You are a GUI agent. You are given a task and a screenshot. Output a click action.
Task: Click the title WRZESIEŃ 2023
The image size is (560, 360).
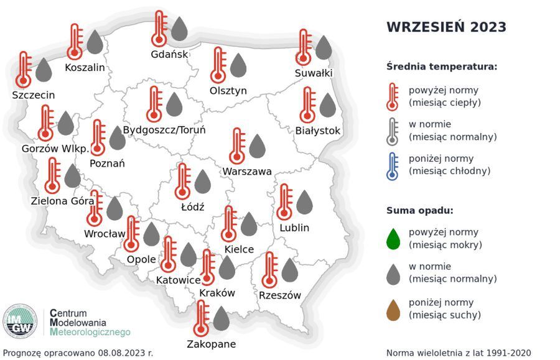point(446,27)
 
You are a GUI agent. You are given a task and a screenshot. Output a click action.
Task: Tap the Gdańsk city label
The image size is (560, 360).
point(169,54)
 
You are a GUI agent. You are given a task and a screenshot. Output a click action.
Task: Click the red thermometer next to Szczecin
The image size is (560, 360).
point(24,69)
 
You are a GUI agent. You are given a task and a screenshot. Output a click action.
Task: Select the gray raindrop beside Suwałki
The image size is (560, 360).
point(324,48)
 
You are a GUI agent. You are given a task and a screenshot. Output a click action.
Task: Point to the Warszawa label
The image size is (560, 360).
point(247,171)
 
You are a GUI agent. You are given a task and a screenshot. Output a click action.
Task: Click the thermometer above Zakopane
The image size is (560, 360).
point(200,318)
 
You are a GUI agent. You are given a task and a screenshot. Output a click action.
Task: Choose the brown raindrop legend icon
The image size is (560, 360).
point(393,309)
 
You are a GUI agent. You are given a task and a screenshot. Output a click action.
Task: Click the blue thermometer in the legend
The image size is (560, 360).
point(392,165)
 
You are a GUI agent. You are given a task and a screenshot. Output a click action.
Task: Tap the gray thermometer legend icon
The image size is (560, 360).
point(392,131)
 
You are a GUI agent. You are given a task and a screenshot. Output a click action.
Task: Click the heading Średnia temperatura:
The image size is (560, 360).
point(441,67)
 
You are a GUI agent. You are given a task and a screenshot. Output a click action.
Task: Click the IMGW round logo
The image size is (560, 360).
point(20,321)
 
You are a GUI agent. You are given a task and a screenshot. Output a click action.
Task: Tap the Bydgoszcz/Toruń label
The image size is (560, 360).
point(164,130)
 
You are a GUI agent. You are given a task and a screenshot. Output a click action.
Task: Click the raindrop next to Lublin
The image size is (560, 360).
point(304,203)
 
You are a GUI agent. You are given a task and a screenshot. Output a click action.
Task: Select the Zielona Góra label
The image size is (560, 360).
point(62,201)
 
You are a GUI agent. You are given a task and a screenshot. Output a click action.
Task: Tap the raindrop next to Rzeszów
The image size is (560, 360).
point(289,270)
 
